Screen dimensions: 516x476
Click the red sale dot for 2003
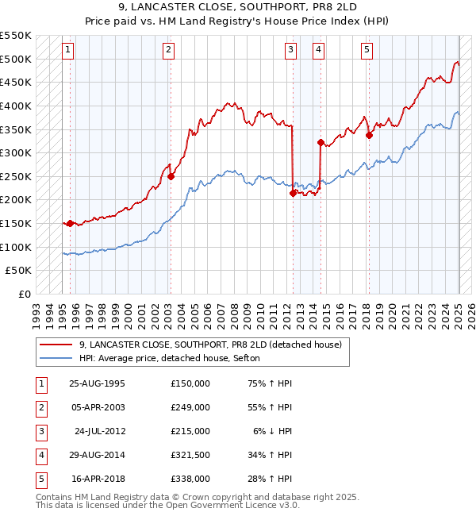171,177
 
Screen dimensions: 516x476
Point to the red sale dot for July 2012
293,193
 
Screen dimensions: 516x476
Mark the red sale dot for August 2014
321,143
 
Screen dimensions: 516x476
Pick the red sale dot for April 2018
369,135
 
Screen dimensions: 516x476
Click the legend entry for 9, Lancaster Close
210,345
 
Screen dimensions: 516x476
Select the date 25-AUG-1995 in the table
98,383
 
